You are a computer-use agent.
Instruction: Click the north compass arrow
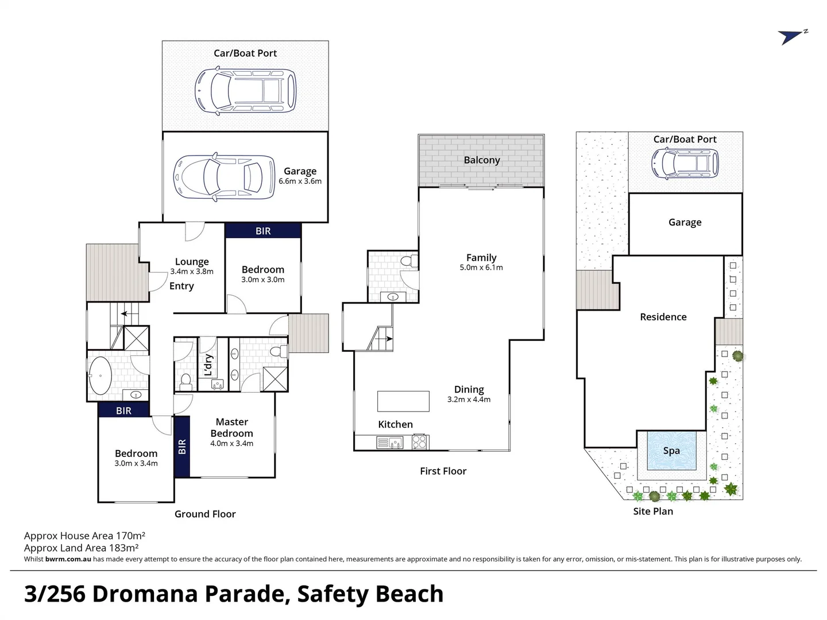(x=792, y=37)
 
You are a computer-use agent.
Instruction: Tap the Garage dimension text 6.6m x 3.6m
(x=300, y=181)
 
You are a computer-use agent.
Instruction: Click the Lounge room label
(x=192, y=262)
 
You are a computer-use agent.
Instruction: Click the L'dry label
(x=208, y=365)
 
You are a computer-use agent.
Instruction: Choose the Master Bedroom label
(x=231, y=428)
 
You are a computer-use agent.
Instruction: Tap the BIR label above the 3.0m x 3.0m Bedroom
(x=263, y=231)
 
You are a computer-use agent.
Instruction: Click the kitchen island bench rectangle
(x=403, y=401)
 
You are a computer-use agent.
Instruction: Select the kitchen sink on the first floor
(x=391, y=443)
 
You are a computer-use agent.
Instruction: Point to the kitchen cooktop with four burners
(x=420, y=443)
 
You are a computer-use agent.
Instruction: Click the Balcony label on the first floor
(x=482, y=160)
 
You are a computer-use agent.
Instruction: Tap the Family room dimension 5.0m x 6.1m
(x=481, y=268)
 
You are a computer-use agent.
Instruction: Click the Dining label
(x=469, y=390)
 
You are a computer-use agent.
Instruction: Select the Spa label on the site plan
(x=671, y=451)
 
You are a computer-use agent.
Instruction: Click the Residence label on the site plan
(x=663, y=317)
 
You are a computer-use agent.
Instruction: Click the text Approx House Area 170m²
(x=84, y=536)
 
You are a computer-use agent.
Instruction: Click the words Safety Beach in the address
(x=370, y=594)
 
